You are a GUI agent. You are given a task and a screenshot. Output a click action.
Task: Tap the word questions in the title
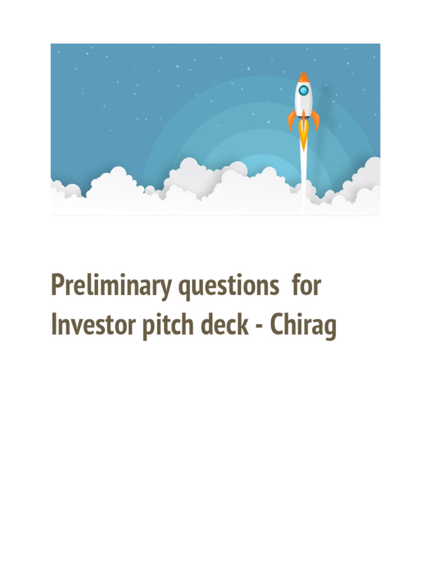(x=229, y=287)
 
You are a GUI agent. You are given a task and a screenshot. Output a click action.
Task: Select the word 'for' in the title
(x=306, y=286)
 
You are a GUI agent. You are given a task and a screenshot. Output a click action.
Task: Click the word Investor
(x=93, y=326)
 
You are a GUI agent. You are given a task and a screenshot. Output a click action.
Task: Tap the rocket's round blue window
(x=304, y=90)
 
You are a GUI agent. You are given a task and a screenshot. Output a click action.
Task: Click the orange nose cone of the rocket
(x=304, y=77)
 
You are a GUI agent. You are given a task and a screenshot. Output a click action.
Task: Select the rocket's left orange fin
(x=292, y=120)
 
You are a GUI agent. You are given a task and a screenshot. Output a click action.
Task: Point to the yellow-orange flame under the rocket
(x=304, y=135)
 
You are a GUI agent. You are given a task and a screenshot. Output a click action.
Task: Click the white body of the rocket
(x=304, y=104)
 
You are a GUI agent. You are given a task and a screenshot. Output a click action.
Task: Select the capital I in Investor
(x=54, y=326)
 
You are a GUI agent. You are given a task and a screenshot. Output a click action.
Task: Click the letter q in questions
(x=186, y=289)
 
